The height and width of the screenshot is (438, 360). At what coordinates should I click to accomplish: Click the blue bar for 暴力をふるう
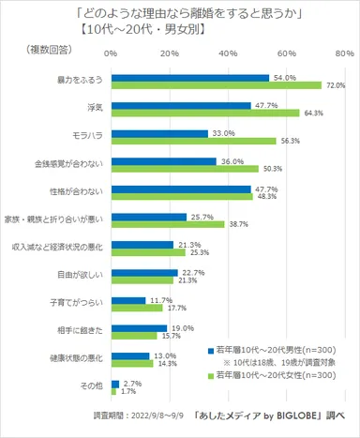coord(187,78)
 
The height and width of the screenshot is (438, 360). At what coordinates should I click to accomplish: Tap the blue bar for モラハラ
coord(157,134)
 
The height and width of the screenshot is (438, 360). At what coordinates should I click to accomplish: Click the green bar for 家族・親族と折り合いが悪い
coord(166,225)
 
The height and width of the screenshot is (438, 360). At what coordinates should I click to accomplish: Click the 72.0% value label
coord(335,86)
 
